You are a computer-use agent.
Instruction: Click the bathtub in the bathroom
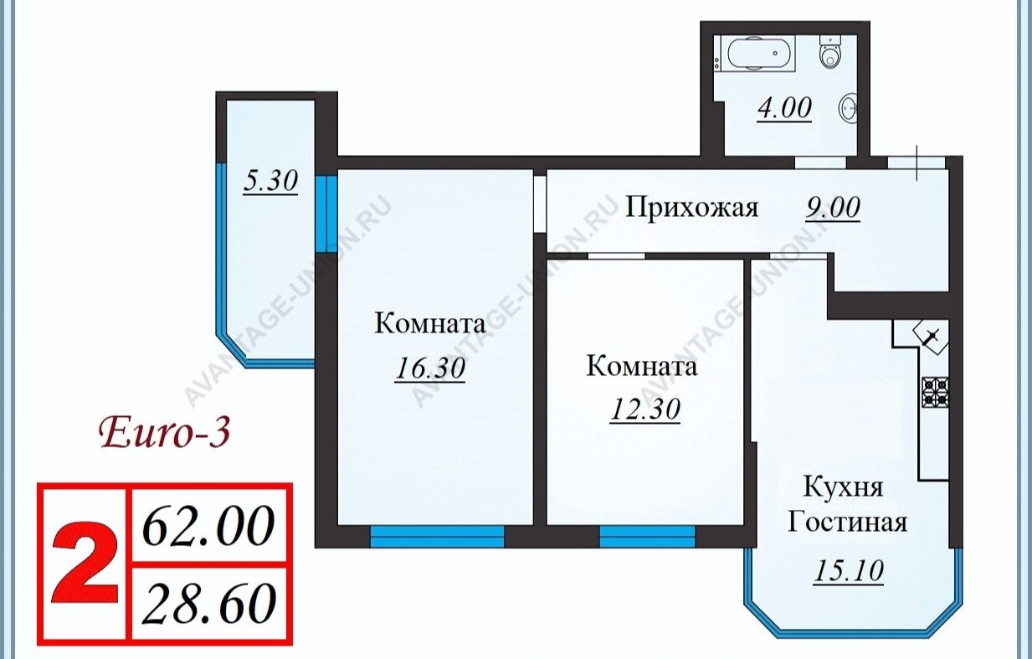[x=761, y=54]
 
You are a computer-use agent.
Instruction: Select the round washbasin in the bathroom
[x=848, y=109]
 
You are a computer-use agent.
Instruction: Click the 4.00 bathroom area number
[x=784, y=109]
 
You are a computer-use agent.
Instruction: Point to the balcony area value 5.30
[x=270, y=181]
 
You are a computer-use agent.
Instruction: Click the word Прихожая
[x=691, y=209]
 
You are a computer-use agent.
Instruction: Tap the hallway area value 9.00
[x=833, y=208]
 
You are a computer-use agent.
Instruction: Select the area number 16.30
[x=430, y=368]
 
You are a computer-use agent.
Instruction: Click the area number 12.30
[x=645, y=409]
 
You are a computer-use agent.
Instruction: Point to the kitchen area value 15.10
[x=849, y=571]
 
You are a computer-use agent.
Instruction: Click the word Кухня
[x=843, y=487]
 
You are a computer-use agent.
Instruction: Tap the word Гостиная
[x=847, y=523]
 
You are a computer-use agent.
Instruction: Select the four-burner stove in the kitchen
[x=935, y=392]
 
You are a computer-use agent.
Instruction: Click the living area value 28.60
[x=208, y=603]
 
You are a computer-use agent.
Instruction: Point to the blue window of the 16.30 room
[x=437, y=537]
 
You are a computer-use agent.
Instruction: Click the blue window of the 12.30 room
[x=647, y=537]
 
